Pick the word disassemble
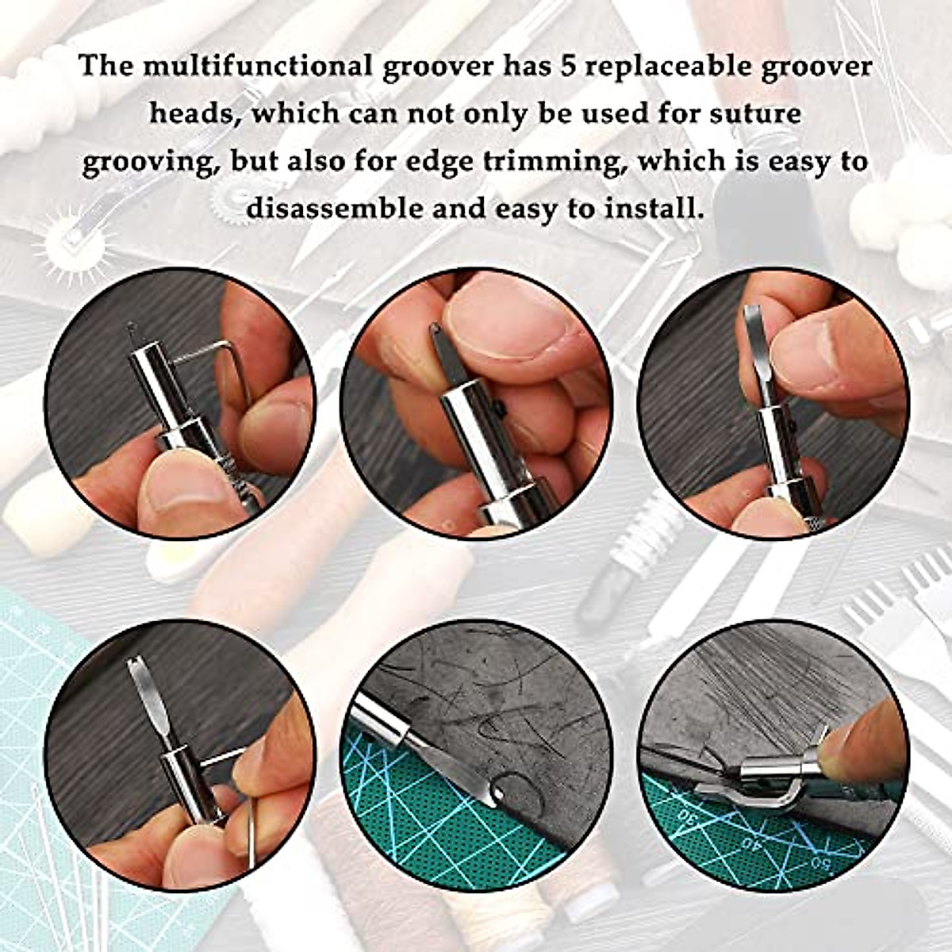coord(355,209)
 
